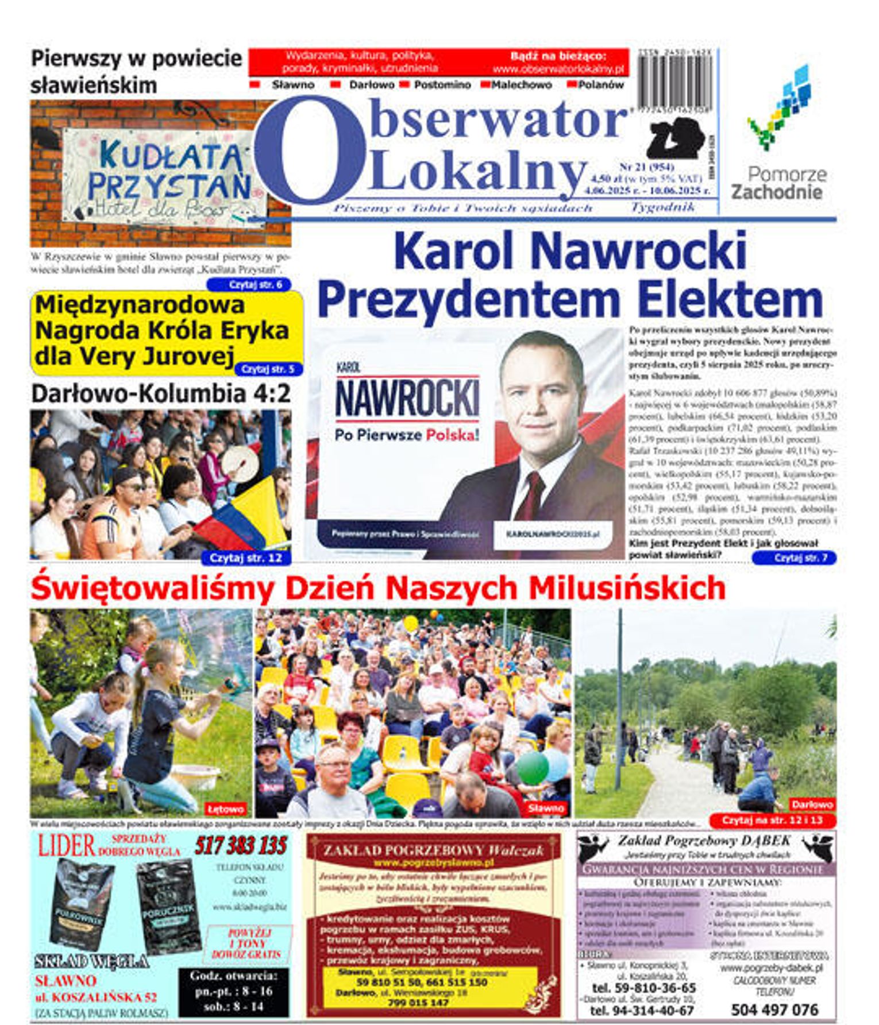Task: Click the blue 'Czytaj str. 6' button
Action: (249, 285)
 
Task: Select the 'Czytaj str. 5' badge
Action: (268, 369)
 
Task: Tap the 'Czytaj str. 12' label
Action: (246, 558)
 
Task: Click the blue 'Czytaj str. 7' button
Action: (793, 558)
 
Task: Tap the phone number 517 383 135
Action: (241, 846)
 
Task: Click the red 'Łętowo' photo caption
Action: (226, 809)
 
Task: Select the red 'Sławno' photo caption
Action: (546, 808)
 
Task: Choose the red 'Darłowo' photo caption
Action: (812, 804)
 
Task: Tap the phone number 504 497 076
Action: (774, 1009)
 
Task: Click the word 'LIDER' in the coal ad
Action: (66, 846)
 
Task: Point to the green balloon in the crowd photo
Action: (532, 767)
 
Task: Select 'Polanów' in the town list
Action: (601, 85)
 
